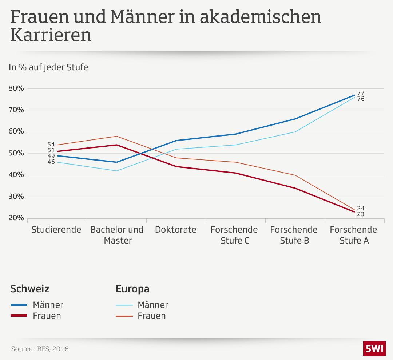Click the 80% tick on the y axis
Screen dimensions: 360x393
click(x=16, y=88)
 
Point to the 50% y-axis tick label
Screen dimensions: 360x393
click(x=16, y=153)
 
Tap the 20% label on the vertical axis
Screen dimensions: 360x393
click(x=16, y=218)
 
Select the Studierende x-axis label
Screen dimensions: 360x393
click(x=56, y=230)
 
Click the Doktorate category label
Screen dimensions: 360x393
click(x=176, y=230)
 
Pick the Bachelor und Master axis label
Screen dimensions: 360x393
click(x=117, y=235)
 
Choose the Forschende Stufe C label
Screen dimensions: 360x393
click(x=234, y=235)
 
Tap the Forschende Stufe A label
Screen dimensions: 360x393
click(x=353, y=235)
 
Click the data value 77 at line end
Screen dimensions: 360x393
click(x=361, y=93)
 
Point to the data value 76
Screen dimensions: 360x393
click(x=361, y=99)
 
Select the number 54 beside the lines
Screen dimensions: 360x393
click(x=51, y=145)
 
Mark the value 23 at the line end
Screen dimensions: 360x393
click(x=361, y=214)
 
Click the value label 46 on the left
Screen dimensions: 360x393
click(x=51, y=162)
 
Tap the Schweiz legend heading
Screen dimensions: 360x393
click(x=30, y=289)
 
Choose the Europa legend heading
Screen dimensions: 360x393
click(x=132, y=289)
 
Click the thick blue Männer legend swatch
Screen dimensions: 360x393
click(x=19, y=305)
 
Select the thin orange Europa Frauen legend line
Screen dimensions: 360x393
click(x=124, y=316)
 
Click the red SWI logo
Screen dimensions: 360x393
click(x=374, y=349)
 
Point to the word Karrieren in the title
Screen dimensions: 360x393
click(x=51, y=35)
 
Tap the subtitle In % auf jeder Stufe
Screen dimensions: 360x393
click(x=48, y=67)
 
